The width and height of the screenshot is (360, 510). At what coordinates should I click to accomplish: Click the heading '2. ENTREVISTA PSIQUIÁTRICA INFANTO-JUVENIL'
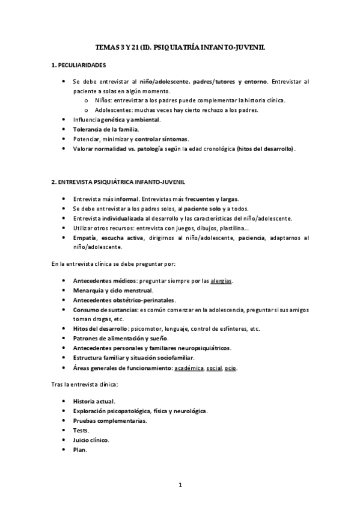point(118,181)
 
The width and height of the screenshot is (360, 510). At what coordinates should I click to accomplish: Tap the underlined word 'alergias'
point(221,281)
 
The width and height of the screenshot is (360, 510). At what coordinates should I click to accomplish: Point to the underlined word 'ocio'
point(230,367)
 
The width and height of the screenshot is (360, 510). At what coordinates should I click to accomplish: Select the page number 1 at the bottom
point(180,485)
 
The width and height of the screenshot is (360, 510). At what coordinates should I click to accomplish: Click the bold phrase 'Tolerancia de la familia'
point(105,129)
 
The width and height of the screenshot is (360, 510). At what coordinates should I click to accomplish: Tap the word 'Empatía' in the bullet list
point(84,238)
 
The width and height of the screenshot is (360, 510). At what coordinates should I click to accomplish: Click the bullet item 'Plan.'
point(80,450)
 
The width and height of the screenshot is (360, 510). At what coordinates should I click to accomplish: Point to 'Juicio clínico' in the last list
point(91,440)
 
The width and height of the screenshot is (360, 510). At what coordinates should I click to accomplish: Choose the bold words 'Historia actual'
point(94,401)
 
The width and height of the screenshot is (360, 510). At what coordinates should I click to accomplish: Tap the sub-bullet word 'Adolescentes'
point(114,110)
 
